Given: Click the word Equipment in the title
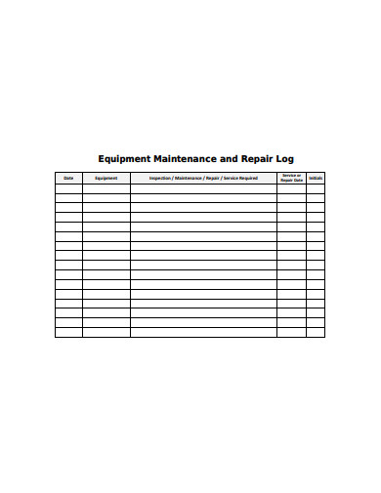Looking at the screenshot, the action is coord(123,158).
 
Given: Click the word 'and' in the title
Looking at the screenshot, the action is coord(229,158).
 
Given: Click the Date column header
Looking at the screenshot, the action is coord(68,178).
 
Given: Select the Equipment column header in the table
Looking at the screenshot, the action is coord(106,178).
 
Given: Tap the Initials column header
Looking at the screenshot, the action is coord(316,178).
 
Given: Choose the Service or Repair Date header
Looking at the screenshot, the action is coord(291,178).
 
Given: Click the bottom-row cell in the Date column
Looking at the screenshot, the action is coord(68,332).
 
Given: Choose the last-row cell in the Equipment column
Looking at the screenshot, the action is coord(106,332).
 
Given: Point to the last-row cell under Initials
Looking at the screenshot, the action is coord(316,332).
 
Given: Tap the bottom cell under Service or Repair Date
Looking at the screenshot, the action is coord(291,332).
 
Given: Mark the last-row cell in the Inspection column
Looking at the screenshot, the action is coord(203,332).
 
